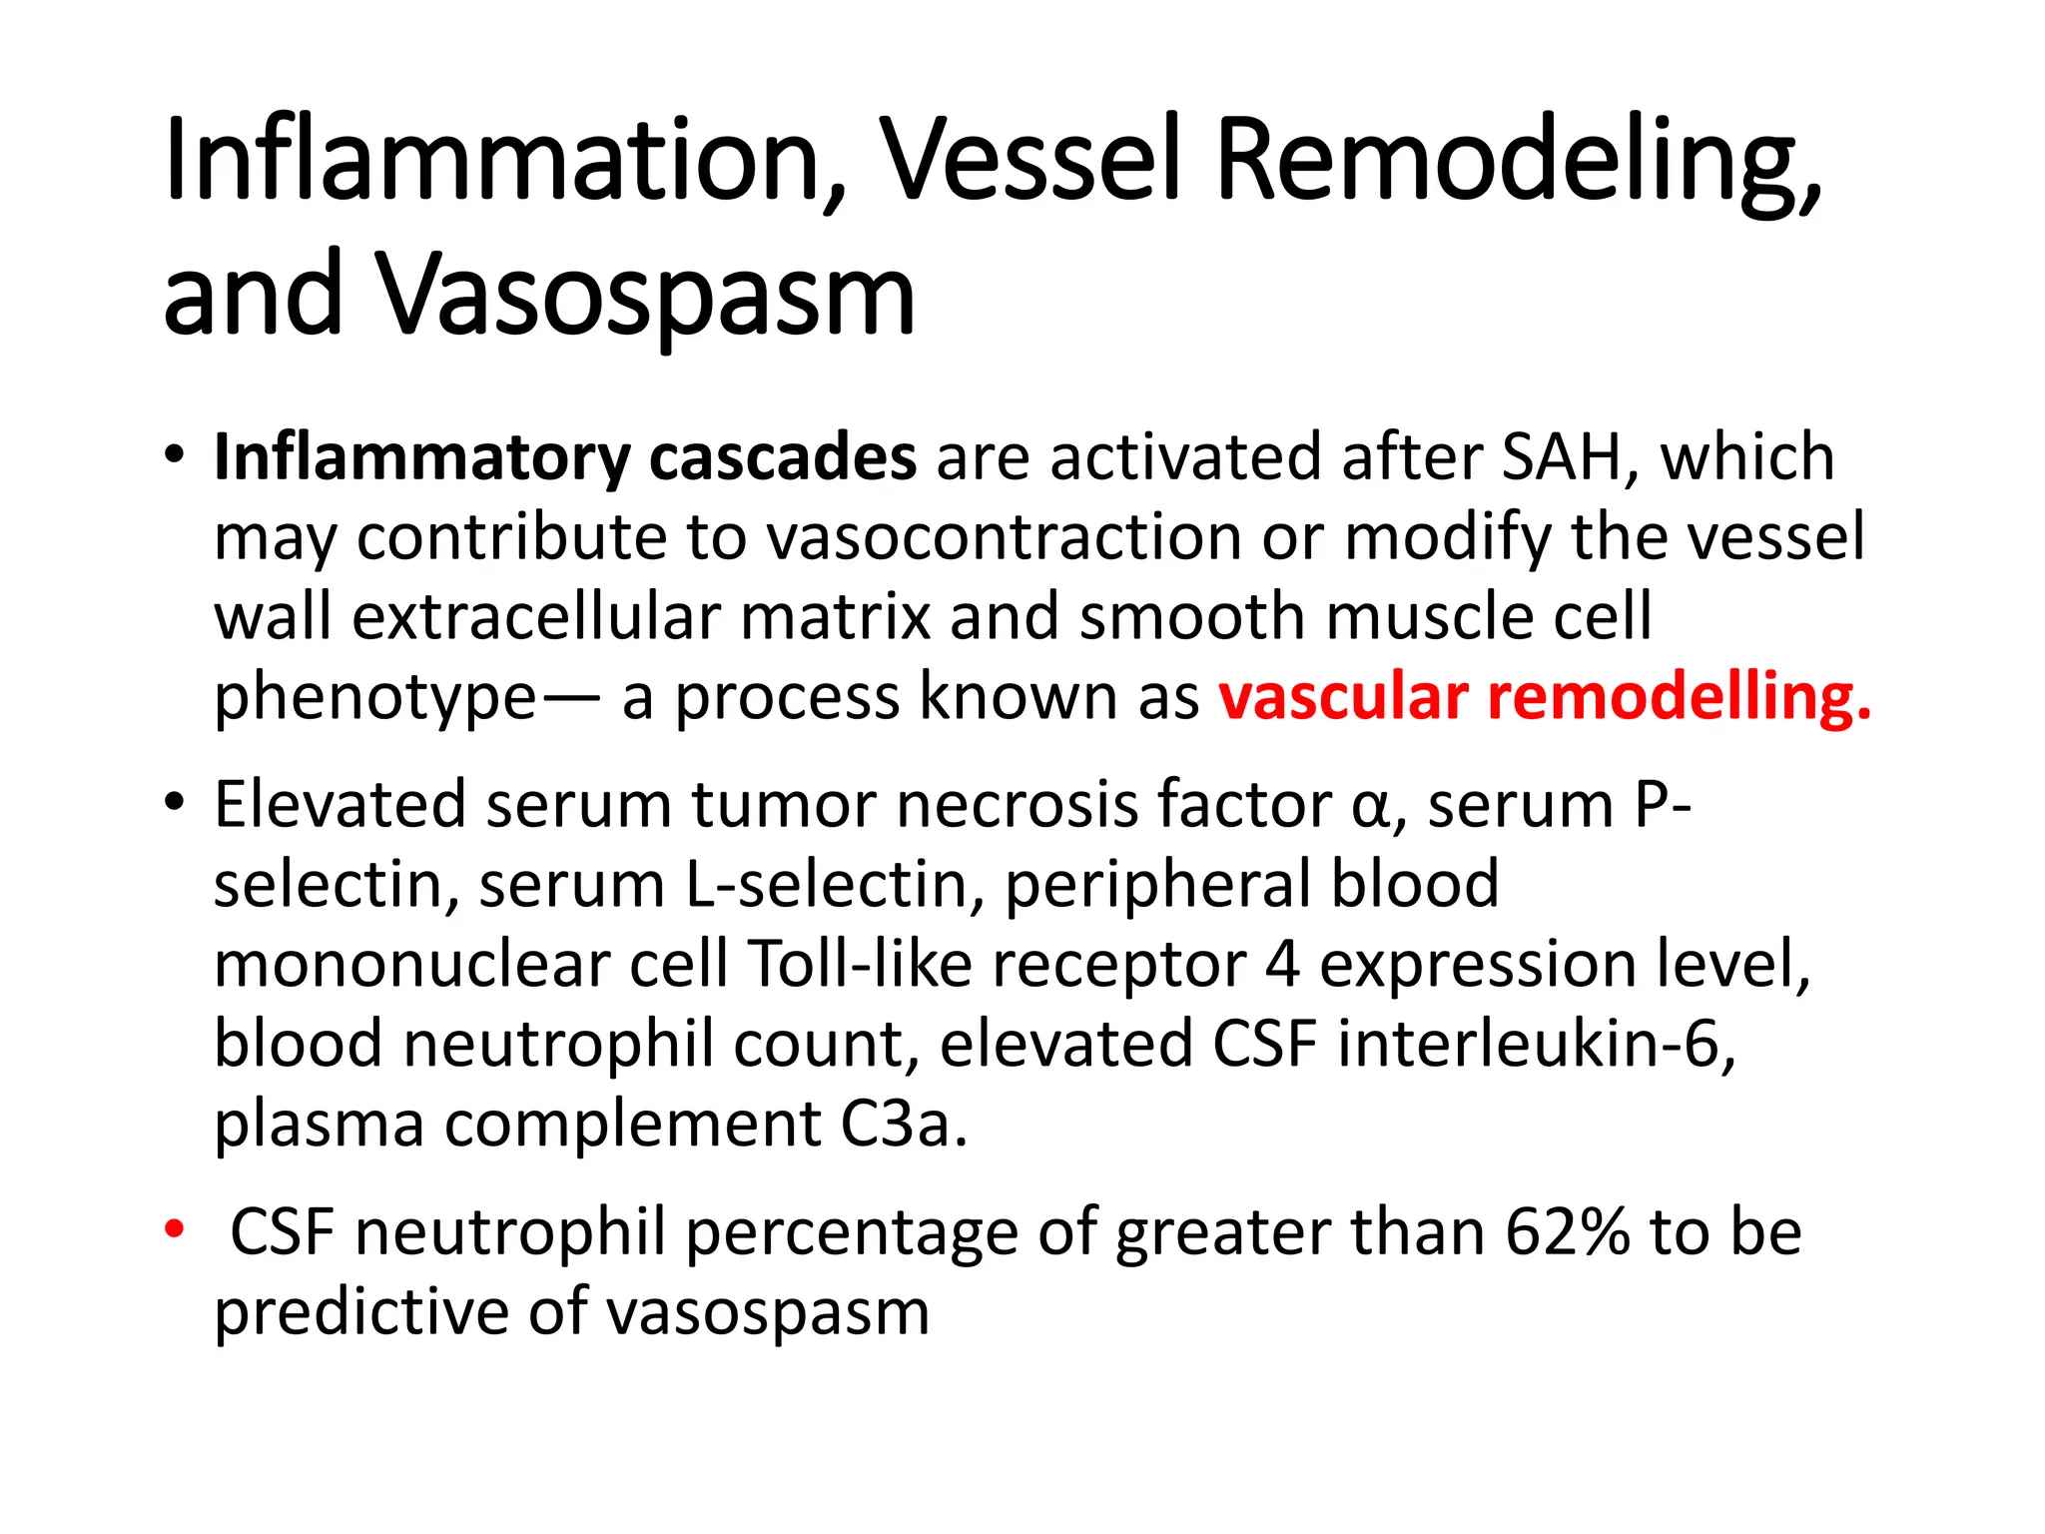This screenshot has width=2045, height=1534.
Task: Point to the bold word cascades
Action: pos(783,458)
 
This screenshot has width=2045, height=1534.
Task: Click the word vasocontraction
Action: pos(1005,537)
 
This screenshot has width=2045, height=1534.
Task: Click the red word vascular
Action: pos(1344,696)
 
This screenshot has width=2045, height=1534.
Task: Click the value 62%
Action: pos(1568,1231)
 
